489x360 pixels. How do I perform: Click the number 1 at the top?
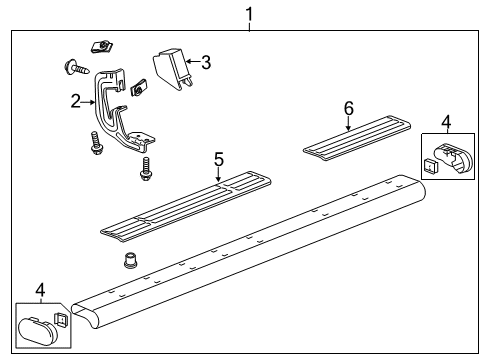[249, 14]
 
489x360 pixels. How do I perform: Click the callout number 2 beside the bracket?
[75, 100]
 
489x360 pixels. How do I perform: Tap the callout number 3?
[205, 63]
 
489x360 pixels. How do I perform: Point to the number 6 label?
[348, 107]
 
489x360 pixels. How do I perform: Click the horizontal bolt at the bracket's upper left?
[77, 68]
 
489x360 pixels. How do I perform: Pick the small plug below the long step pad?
[128, 262]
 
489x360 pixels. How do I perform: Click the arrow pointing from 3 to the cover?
[190, 64]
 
